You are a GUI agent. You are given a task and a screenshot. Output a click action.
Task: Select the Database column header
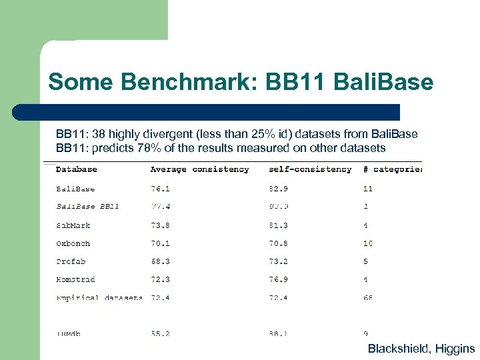[76, 169]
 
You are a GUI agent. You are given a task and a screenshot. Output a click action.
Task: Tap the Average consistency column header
[199, 169]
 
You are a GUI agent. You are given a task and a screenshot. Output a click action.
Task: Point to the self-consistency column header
[310, 169]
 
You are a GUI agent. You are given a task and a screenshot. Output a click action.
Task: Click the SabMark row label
[73, 225]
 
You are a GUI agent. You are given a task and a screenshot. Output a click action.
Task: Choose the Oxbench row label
[73, 243]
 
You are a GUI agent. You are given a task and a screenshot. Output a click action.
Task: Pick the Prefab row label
[71, 261]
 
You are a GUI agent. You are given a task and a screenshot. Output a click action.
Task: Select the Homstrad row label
[75, 279]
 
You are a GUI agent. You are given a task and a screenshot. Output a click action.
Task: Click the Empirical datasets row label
[99, 297]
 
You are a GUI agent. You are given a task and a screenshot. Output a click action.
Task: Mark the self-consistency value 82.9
[278, 189]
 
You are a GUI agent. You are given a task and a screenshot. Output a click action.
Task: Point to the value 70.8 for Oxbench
[278, 243]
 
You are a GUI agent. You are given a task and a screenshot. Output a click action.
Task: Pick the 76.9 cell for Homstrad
[278, 279]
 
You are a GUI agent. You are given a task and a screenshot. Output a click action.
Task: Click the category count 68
[368, 297]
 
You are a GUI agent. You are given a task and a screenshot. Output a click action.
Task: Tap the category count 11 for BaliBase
[368, 189]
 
